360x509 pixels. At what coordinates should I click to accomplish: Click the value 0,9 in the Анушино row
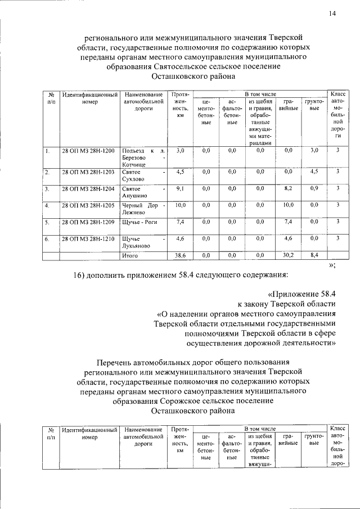coord(314,188)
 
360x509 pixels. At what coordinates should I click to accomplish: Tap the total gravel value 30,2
coord(288,255)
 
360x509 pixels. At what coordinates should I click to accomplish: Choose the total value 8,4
coord(314,255)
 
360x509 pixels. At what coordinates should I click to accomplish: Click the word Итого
coord(130,255)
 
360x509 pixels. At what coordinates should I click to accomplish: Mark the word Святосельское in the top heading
coord(181,67)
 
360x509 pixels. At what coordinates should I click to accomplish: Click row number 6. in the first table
coord(48,239)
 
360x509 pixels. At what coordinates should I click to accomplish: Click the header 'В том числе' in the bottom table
coord(260,429)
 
